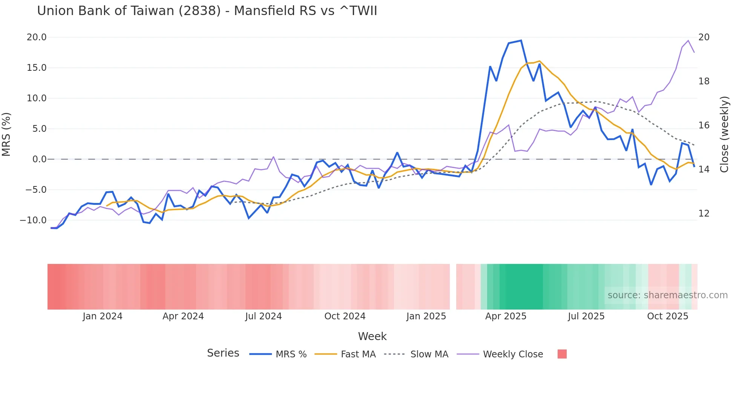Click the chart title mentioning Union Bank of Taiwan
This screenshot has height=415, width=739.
(x=207, y=11)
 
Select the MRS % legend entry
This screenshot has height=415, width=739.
(x=278, y=354)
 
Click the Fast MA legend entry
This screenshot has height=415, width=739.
(x=345, y=354)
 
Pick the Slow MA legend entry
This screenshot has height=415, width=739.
(x=416, y=354)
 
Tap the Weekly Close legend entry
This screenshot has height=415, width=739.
(x=500, y=354)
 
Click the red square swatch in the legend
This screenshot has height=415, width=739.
(x=562, y=354)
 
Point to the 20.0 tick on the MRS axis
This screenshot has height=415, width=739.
(x=37, y=37)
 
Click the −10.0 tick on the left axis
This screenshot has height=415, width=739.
(x=34, y=220)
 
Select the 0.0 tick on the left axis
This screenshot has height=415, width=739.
(x=39, y=159)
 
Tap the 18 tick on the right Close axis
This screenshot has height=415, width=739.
(x=704, y=81)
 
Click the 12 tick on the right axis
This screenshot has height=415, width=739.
(x=704, y=214)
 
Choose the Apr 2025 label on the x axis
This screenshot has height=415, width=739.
(x=506, y=316)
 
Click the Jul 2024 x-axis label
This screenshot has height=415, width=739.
(x=264, y=316)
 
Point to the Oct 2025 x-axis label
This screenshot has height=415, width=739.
(x=667, y=316)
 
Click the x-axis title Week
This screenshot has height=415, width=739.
(x=372, y=336)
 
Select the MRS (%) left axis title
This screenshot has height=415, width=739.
(x=6, y=134)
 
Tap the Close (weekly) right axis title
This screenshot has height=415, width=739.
(x=724, y=134)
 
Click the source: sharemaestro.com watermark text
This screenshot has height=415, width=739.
(x=667, y=295)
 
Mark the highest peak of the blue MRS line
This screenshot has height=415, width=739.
(x=521, y=40)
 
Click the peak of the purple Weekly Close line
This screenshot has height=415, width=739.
(x=688, y=40)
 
